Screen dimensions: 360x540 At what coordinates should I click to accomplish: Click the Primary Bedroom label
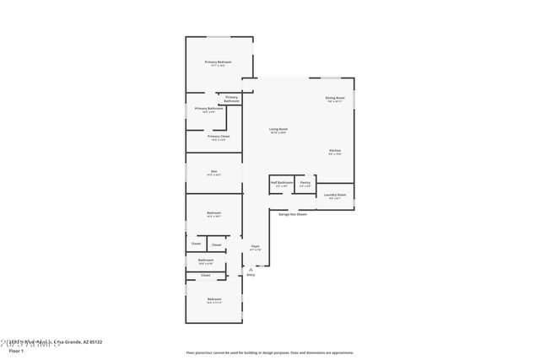pyautogui.click(x=218, y=62)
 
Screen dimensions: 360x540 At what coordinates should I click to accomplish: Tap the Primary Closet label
pyautogui.click(x=219, y=137)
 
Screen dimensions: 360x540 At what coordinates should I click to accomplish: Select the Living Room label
pyautogui.click(x=278, y=129)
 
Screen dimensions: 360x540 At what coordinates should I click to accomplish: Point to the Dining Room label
pyautogui.click(x=335, y=99)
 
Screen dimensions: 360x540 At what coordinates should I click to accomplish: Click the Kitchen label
pyautogui.click(x=335, y=151)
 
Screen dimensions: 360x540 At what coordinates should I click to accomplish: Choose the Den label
pyautogui.click(x=214, y=172)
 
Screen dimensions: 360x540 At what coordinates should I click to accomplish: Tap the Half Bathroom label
pyautogui.click(x=282, y=182)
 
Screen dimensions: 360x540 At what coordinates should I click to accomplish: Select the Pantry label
pyautogui.click(x=305, y=182)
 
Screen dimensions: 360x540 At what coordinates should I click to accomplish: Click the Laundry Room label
pyautogui.click(x=335, y=195)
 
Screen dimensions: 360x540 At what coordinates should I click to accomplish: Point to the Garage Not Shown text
pyautogui.click(x=293, y=214)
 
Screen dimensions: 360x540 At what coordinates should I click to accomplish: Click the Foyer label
pyautogui.click(x=255, y=246)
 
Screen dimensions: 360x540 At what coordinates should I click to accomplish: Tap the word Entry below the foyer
pyautogui.click(x=251, y=275)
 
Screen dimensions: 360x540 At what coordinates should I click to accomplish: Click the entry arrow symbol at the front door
pyautogui.click(x=251, y=268)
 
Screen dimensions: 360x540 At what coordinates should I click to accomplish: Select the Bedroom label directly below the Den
pyautogui.click(x=214, y=212)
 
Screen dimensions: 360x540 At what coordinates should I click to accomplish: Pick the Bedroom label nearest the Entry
pyautogui.click(x=214, y=299)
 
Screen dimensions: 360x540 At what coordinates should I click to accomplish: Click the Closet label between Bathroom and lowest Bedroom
pyautogui.click(x=205, y=275)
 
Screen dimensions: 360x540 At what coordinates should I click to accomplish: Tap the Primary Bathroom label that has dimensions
pyautogui.click(x=209, y=109)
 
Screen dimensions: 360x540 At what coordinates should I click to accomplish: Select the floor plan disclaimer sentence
pyautogui.click(x=270, y=352)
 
